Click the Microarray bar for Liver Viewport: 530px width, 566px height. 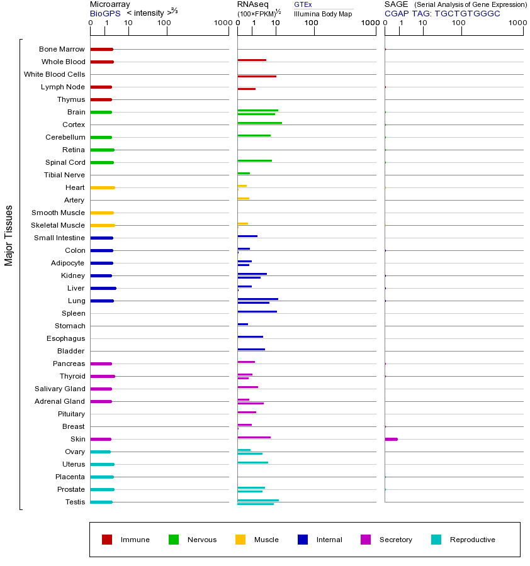coord(103,288)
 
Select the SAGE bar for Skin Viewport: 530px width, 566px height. coord(391,439)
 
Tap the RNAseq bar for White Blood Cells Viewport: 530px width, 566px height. coord(257,76)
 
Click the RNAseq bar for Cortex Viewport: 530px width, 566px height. coord(259,123)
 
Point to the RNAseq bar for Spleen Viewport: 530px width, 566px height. coord(257,311)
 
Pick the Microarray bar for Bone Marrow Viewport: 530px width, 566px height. coord(101,49)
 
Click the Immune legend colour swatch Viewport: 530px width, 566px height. coord(107,540)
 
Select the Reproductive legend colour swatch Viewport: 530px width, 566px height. coord(436,540)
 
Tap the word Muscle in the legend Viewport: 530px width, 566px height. coord(266,540)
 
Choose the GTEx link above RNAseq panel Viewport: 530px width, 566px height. coord(303,4)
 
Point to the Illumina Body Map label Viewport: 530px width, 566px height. coord(323,13)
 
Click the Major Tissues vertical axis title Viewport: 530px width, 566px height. coord(9,235)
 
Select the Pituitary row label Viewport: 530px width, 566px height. coord(71,414)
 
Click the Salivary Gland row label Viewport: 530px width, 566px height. coord(61,389)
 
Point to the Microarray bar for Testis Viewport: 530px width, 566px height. coord(101,502)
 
